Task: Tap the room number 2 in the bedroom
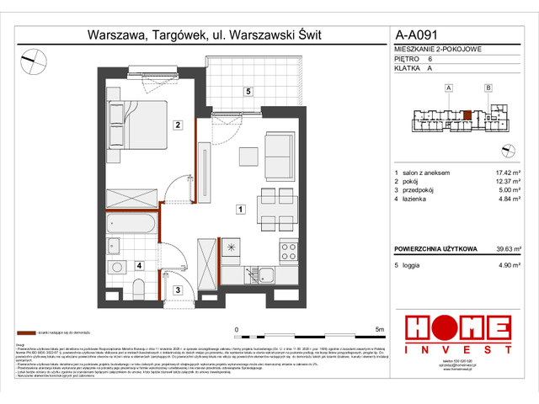(x=178, y=126)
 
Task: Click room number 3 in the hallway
(x=178, y=290)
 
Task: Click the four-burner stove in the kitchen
(x=289, y=250)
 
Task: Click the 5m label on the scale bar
(x=379, y=330)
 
